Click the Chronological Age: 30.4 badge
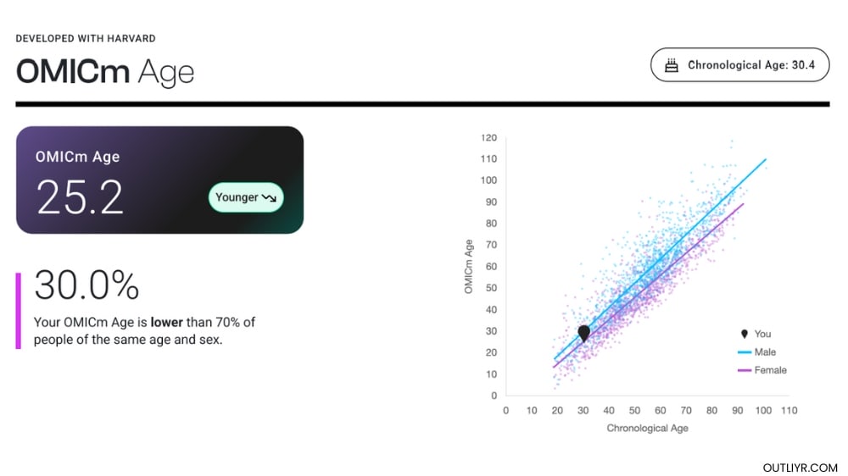tap(739, 65)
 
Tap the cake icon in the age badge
tap(672, 65)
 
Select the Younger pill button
tap(246, 197)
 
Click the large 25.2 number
tap(81, 197)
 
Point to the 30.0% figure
tap(86, 285)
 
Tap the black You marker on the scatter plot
tap(583, 333)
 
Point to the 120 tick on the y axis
tap(488, 137)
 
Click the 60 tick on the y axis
tap(490, 267)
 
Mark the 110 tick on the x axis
tap(789, 411)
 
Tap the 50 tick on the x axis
tap(634, 411)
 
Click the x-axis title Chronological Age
tap(647, 429)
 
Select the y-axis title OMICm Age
tap(469, 267)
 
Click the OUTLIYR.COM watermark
tap(800, 468)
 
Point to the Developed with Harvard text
tap(86, 39)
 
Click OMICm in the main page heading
tap(72, 72)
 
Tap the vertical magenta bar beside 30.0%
tap(18, 310)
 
